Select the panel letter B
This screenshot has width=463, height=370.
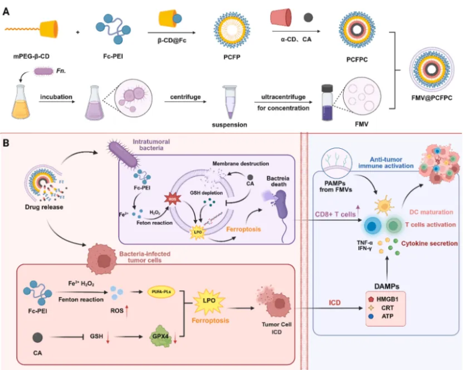coord(8,141)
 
